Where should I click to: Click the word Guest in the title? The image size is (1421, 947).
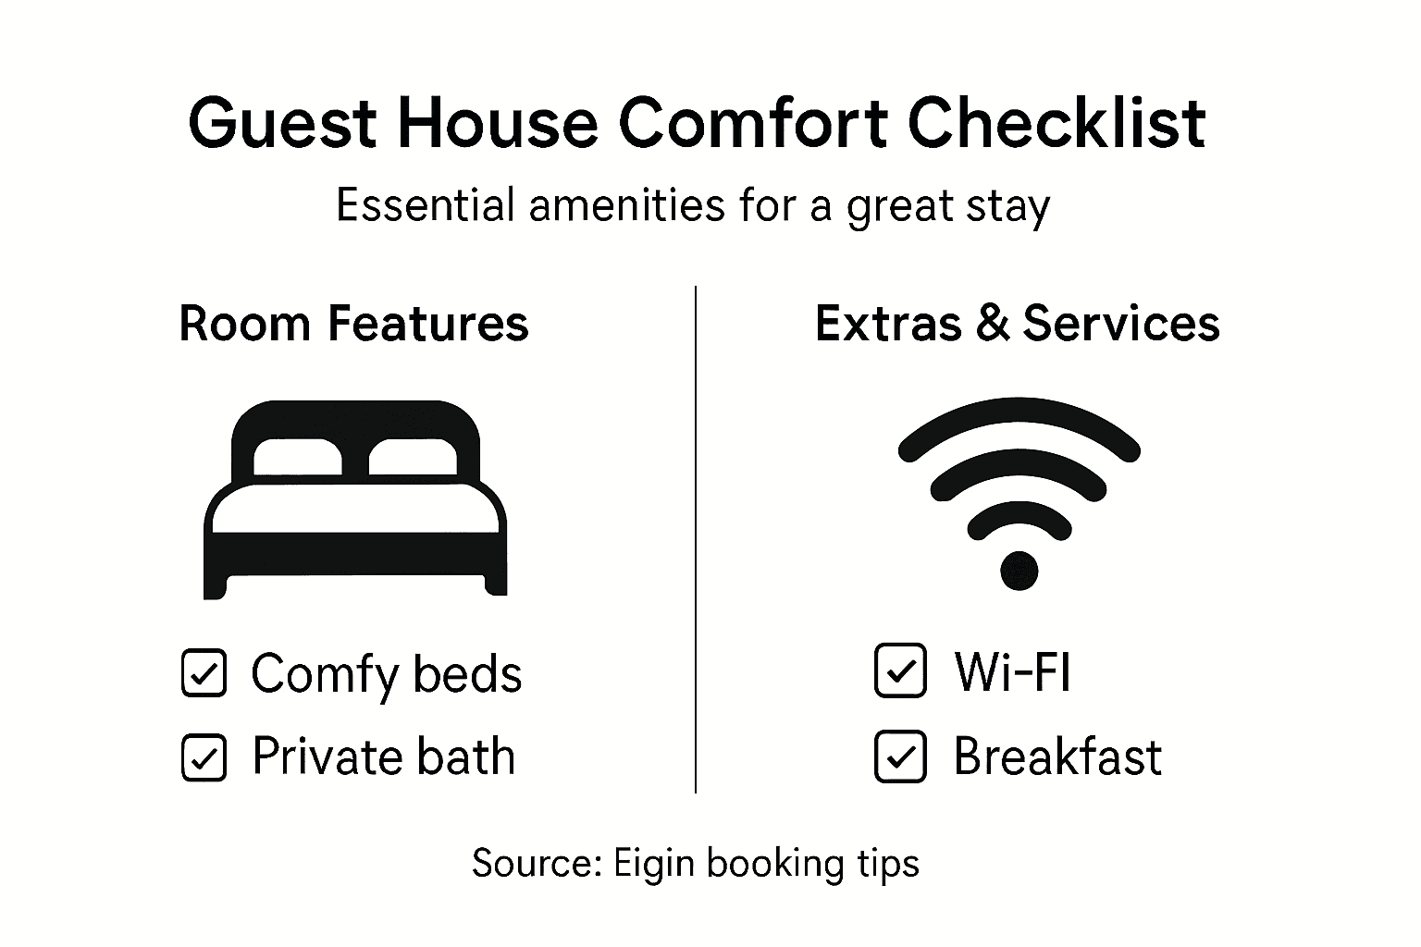[x=282, y=123]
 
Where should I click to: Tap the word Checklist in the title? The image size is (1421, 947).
[x=1056, y=123]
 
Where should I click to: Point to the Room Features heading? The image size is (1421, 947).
[x=353, y=324]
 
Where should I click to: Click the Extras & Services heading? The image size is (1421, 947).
[x=1017, y=324]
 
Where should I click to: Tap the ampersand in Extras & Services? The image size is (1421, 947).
[x=992, y=324]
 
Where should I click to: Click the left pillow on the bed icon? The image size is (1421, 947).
[x=298, y=457]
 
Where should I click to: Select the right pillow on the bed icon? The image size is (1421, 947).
[x=413, y=457]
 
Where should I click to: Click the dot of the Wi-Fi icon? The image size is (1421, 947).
[x=1019, y=570]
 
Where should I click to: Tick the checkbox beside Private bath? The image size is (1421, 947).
[x=204, y=757]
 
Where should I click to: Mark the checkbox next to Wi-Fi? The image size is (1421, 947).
[x=899, y=670]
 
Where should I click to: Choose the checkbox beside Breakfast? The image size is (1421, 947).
[x=899, y=756]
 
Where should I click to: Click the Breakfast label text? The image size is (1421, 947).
[x=1057, y=756]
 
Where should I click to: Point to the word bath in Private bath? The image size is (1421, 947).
[x=464, y=756]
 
